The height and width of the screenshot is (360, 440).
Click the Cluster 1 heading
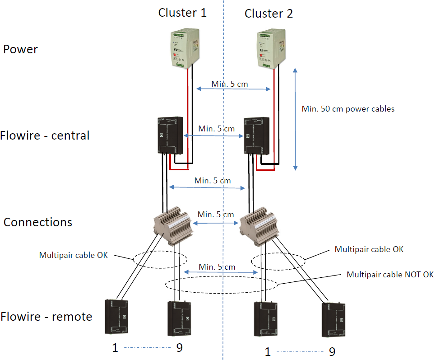click(182, 13)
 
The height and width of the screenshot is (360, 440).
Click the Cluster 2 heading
click(269, 14)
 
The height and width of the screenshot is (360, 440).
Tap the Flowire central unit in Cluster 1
click(170, 135)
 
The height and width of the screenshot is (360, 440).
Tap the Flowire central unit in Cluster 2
click(255, 136)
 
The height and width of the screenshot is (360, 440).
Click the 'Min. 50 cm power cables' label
click(348, 109)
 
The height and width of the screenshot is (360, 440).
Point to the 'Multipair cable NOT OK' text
click(390, 275)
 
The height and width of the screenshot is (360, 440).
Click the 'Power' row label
click(20, 49)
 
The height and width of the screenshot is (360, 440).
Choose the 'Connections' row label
click(38, 222)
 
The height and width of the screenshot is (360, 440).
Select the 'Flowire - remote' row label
click(46, 317)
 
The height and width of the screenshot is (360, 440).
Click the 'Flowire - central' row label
click(45, 136)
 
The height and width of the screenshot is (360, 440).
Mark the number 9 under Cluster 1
click(178, 348)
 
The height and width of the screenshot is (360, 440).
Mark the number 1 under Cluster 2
click(268, 351)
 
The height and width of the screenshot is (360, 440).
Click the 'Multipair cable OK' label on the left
click(74, 255)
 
